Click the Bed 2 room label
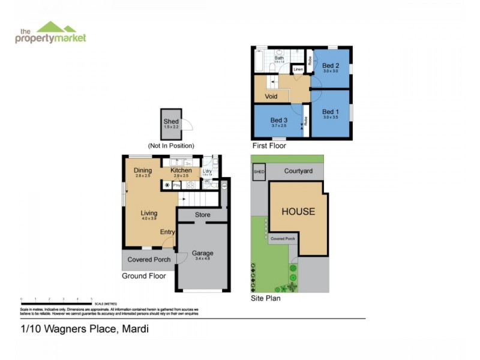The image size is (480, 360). point(331,66)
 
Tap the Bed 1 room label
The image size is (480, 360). point(331,112)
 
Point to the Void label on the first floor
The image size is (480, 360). point(271,96)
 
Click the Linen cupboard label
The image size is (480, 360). point(298,70)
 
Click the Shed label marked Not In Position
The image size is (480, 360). point(171,122)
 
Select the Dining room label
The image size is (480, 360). point(143,170)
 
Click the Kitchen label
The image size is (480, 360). point(181,171)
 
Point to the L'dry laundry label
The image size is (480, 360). point(206,171)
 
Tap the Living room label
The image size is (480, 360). point(149,213)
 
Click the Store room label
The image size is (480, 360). point(202,215)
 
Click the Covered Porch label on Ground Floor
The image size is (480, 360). point(149,259)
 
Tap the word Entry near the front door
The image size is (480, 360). point(167,232)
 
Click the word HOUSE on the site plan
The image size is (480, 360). point(298,212)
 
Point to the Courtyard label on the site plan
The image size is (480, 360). point(298,171)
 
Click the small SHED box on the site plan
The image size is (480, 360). point(259,171)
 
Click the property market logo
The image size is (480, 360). point(50,33)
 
